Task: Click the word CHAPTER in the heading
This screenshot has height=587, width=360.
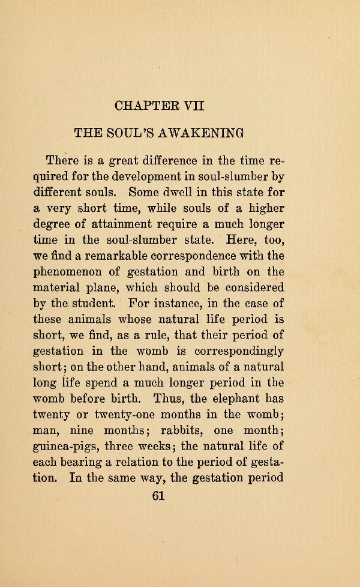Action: point(140,106)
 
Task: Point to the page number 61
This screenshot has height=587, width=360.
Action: point(158,496)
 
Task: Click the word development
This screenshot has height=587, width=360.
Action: point(136,177)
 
